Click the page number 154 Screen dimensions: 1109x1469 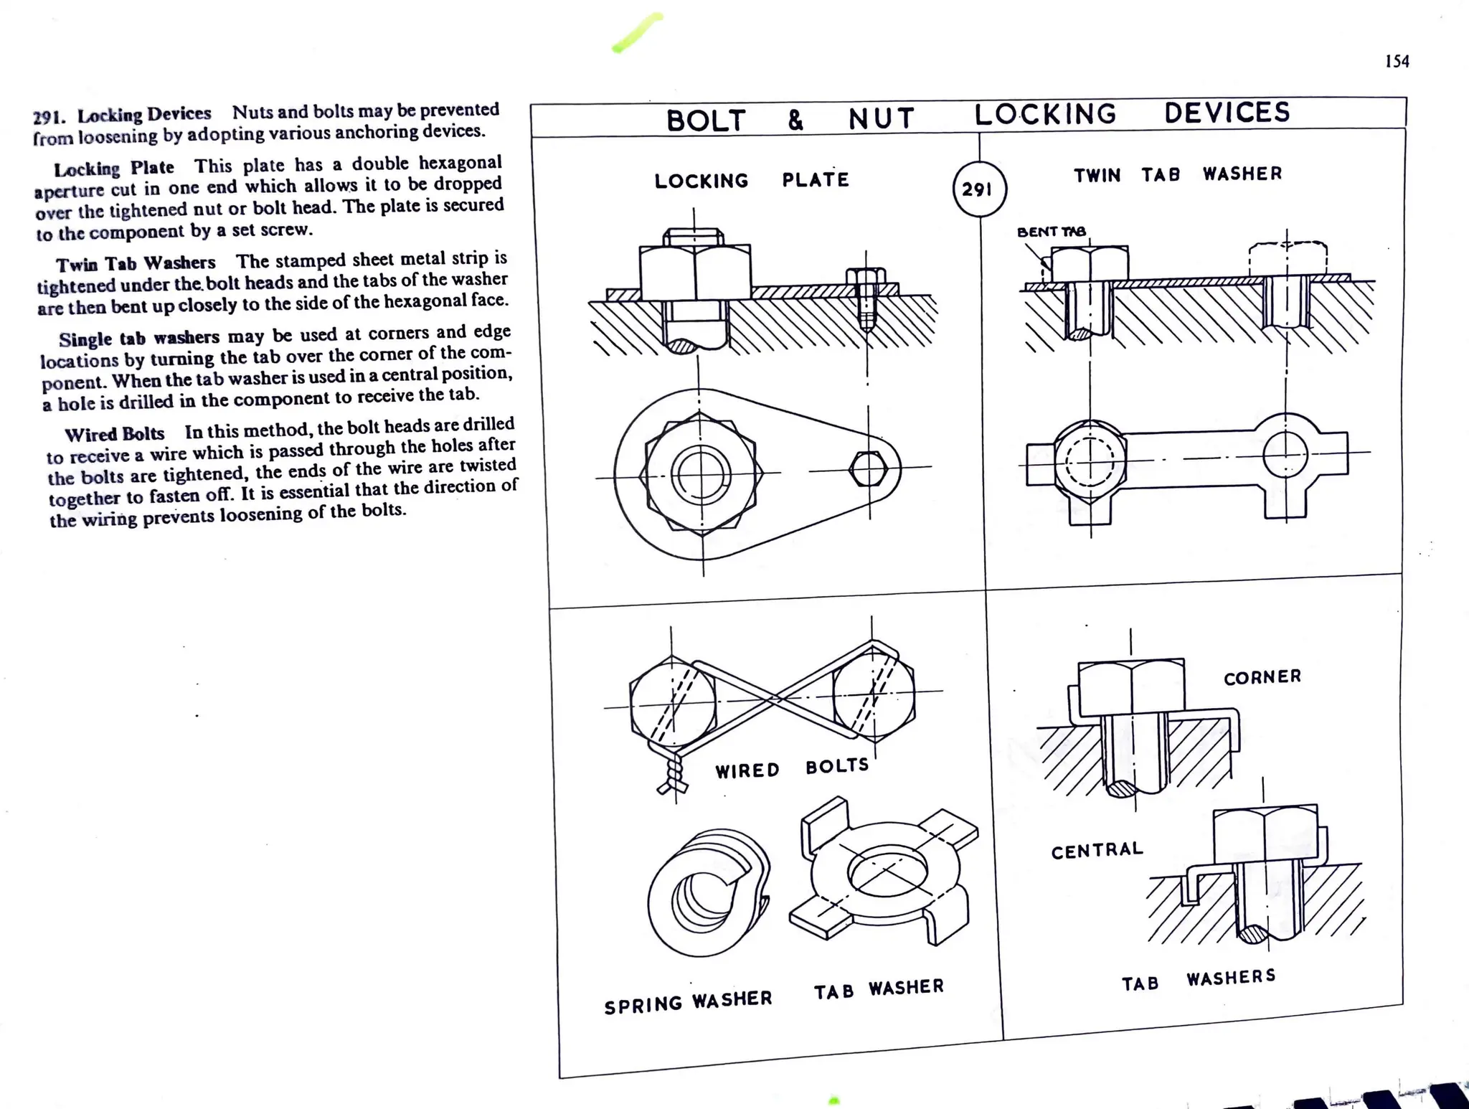pos(1397,62)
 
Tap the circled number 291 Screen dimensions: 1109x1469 pos(978,189)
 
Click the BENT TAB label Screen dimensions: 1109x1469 pos(1051,232)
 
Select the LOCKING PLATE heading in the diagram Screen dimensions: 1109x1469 pos(751,180)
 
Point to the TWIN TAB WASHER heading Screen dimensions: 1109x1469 pos(1177,174)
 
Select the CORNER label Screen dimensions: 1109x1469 pos(1262,677)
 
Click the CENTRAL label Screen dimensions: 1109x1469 pos(1097,851)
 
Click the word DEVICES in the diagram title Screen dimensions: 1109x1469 pos(1227,113)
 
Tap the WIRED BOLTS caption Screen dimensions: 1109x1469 pos(791,768)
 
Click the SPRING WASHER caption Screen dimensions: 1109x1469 pos(688,1002)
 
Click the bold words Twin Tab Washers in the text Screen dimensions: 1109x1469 pos(136,264)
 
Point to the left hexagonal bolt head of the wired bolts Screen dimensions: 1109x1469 pos(673,704)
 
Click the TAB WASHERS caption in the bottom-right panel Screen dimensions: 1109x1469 pos(1199,980)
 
